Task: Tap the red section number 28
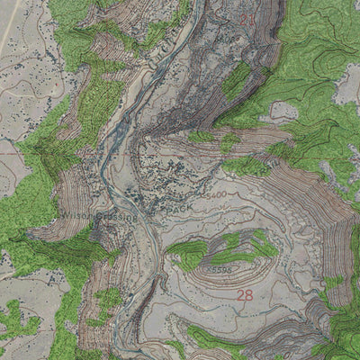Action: (245, 294)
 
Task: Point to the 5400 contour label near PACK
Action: (214, 194)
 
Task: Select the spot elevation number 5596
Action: (217, 268)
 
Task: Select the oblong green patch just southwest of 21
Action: (236, 83)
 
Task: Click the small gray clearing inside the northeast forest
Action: (284, 110)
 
